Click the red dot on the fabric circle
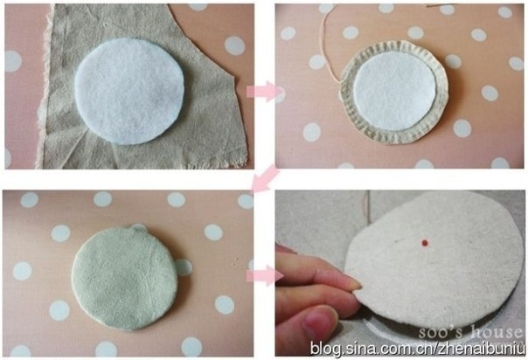pos(425,243)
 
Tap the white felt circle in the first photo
pos(129,92)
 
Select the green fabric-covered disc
pos(125,278)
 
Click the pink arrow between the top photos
pos(263,91)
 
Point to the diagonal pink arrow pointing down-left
pos(266,178)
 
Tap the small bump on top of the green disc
pos(139,227)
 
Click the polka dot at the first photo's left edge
pos(13,61)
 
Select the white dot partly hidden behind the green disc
pos(184,267)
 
